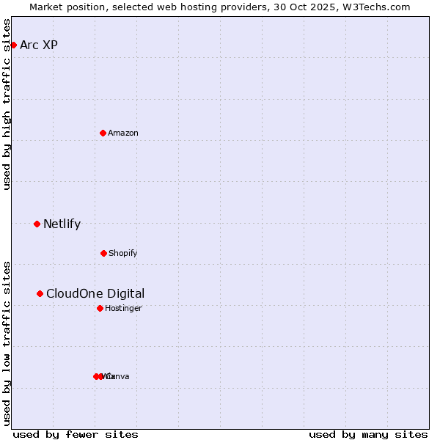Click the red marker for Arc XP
pos(13,45)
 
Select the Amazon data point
pos(103,133)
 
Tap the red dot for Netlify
pos(37,224)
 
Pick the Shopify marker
pos(103,253)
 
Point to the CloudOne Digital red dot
pos(40,293)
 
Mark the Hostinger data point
pos(100,308)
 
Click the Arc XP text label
pos(39,45)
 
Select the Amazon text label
pos(123,133)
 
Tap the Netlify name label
pos(62,224)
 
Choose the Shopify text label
pos(123,253)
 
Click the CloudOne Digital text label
pos(95,293)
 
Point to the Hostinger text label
pos(123,308)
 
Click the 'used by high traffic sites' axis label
pos(7,104)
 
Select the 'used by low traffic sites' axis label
pos(7,343)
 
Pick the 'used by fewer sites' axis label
pos(76,434)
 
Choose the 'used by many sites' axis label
pos(368,434)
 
